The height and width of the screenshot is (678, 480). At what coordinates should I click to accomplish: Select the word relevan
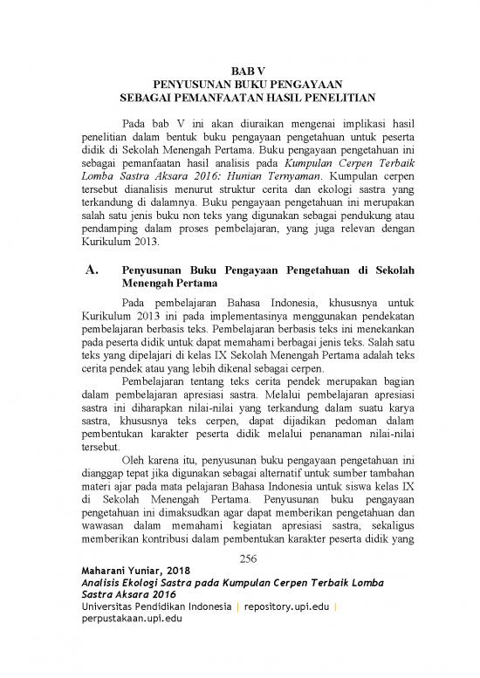[x=356, y=229]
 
